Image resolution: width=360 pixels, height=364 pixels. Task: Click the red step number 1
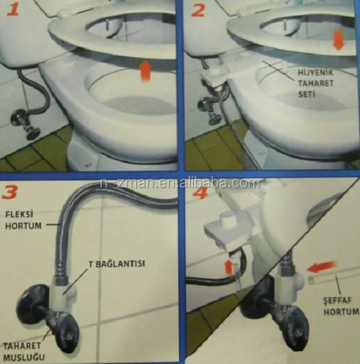coord(13,10)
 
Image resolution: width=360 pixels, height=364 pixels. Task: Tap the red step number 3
coord(10,192)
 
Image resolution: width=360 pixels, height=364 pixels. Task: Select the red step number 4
coord(200,192)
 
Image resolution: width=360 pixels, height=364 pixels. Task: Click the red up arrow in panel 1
coord(146,71)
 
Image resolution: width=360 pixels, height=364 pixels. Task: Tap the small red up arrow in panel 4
coord(229,267)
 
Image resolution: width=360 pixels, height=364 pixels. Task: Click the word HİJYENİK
coord(316,73)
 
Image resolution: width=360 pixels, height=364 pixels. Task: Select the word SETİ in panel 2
coord(307,94)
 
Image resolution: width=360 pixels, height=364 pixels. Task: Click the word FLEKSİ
coord(19,214)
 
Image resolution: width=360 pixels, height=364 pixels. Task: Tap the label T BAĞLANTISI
coord(116,264)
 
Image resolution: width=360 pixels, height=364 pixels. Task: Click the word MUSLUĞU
coord(24,357)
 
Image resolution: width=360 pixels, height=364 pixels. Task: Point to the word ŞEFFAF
coord(338,301)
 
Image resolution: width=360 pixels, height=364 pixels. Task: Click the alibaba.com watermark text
coord(180,183)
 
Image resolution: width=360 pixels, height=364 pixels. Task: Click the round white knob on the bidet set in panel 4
coord(227,219)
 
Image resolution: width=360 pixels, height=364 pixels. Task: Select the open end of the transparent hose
coord(311,279)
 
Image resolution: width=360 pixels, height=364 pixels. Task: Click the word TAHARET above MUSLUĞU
coord(22,346)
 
